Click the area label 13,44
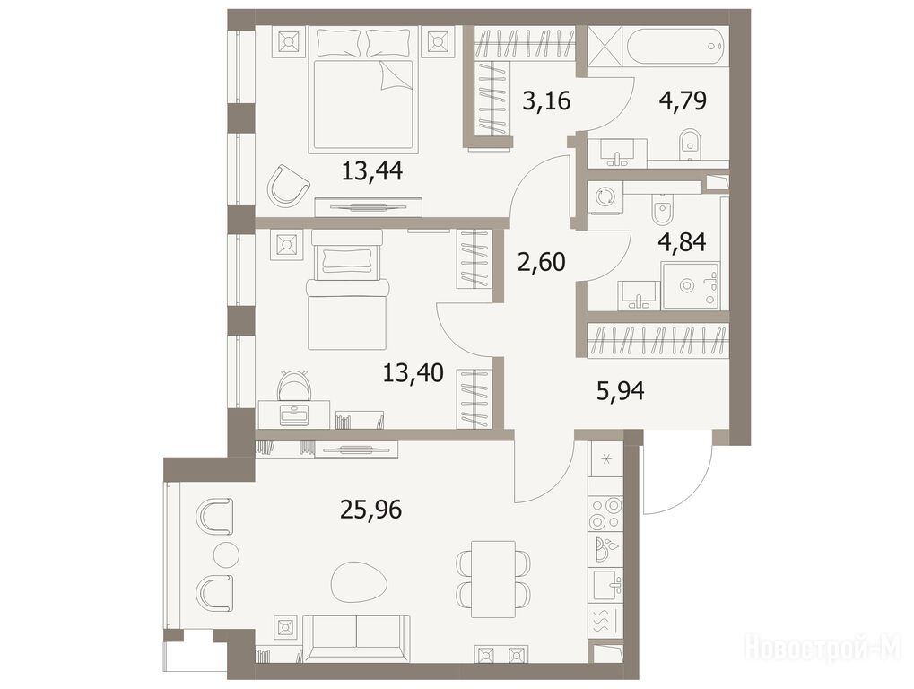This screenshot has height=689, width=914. click(x=372, y=171)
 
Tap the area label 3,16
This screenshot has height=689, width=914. click(x=546, y=100)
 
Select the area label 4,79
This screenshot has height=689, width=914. click(x=683, y=100)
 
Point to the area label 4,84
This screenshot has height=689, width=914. click(x=682, y=241)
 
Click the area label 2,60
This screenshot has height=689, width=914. click(x=542, y=262)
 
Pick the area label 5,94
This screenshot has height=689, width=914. click(x=621, y=390)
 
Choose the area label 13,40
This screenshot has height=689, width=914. click(x=413, y=372)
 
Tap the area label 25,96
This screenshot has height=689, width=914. click(x=371, y=510)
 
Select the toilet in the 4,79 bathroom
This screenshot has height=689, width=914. click(x=691, y=145)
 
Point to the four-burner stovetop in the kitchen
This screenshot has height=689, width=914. click(x=606, y=514)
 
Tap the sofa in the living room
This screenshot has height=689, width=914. click(x=356, y=638)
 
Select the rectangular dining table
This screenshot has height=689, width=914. click(x=493, y=579)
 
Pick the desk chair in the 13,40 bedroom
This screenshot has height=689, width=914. click(x=294, y=384)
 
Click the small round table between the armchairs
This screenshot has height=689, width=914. click(x=226, y=554)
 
